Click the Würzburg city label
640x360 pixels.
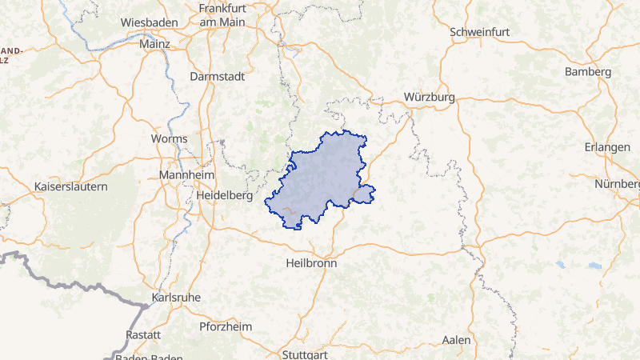point(430,97)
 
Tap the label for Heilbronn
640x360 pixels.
point(312,262)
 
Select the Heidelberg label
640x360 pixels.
point(224,194)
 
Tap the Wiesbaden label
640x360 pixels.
point(147,22)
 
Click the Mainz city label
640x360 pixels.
point(154,45)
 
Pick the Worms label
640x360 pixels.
point(169,138)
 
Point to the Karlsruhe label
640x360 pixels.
point(175,298)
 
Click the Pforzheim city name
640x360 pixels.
point(226,326)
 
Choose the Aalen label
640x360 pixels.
point(457,340)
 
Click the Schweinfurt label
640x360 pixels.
point(480,32)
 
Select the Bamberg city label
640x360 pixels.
point(588,72)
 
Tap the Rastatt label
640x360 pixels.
point(144,334)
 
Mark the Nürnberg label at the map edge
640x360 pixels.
point(617,184)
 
